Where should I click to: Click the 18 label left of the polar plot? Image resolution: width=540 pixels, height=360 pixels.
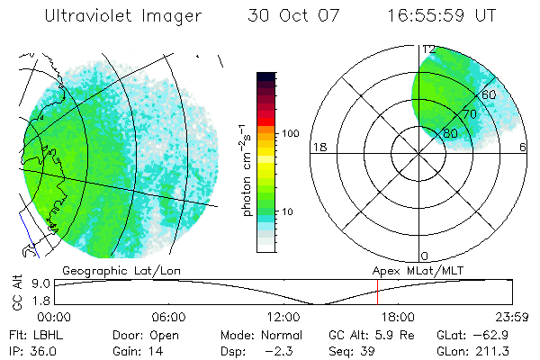[x=318, y=147]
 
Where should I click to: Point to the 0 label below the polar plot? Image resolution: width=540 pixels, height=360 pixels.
[x=424, y=256]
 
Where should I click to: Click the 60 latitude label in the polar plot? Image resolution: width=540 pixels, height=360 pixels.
[x=490, y=94]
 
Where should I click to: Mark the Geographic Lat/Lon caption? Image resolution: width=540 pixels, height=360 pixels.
[x=105, y=270]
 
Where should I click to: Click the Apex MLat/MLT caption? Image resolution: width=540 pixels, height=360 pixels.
[x=414, y=270]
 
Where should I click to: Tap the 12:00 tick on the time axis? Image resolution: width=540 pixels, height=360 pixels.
[x=283, y=317]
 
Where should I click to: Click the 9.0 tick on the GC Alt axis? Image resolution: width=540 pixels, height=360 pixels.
[x=38, y=283]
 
